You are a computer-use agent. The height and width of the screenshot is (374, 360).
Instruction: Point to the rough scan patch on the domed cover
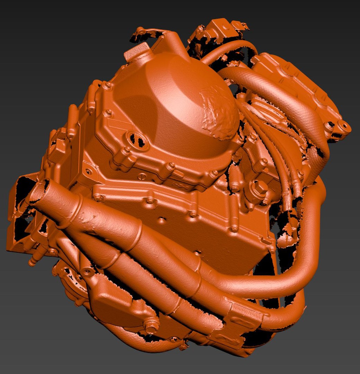pyautogui.click(x=218, y=111)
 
